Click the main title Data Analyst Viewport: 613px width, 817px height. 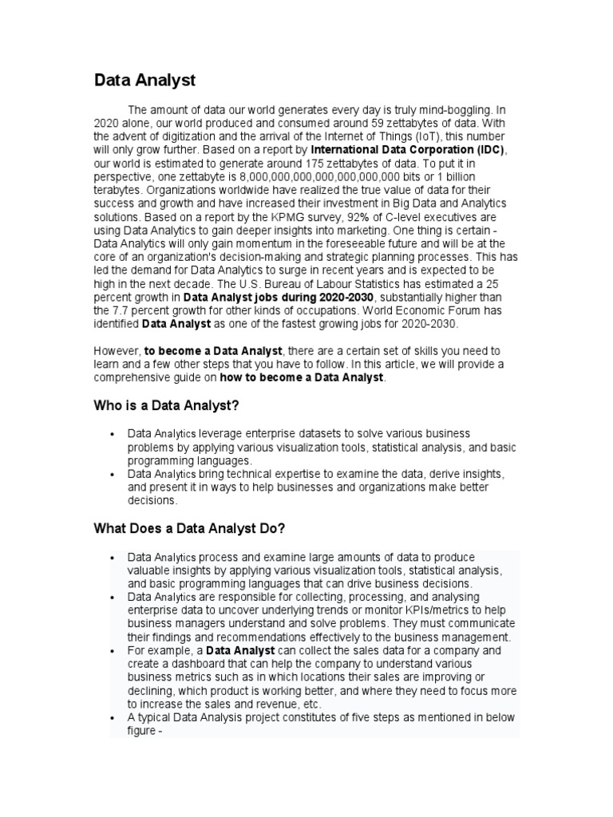[x=144, y=81]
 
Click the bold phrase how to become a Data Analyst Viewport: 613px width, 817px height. [x=301, y=377]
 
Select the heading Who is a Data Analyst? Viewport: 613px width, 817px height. [x=166, y=406]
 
